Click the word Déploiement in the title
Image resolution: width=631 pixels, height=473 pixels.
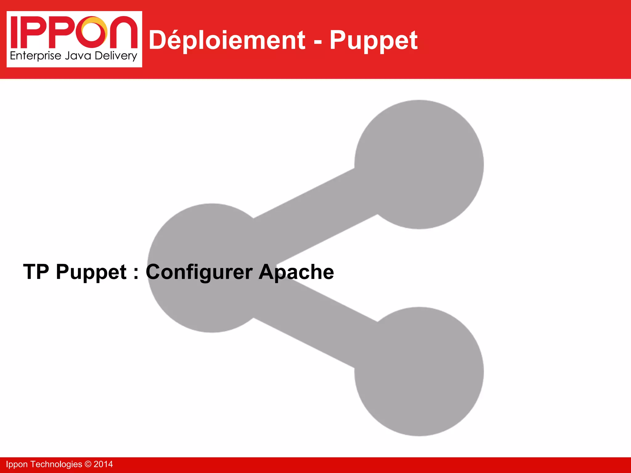(227, 40)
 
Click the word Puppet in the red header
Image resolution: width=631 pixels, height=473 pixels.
(373, 41)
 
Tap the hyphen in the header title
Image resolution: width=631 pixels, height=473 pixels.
(318, 42)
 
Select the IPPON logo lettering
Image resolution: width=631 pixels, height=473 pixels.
(74, 32)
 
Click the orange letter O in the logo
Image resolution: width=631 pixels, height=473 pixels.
(94, 30)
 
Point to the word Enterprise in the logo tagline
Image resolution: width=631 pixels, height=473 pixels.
(36, 56)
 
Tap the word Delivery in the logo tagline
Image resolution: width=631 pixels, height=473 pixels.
(116, 56)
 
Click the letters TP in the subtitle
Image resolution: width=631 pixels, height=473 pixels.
(36, 272)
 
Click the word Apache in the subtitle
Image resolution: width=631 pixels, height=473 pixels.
(296, 272)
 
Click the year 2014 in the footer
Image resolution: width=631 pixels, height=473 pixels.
(103, 464)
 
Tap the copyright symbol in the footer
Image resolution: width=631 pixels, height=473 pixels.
(88, 464)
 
